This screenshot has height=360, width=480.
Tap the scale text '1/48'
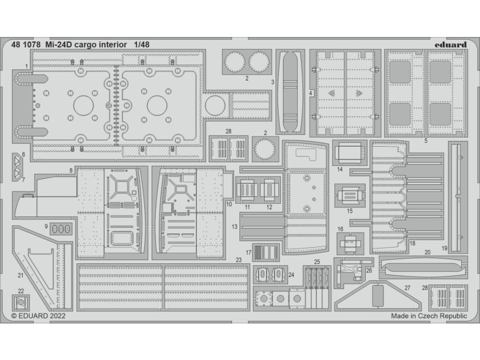click(142, 45)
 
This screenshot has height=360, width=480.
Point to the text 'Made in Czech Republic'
click(429, 316)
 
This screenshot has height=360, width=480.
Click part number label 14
click(340, 169)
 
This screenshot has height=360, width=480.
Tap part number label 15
click(350, 211)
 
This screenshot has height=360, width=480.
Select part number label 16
click(340, 229)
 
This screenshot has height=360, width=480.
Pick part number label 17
click(248, 252)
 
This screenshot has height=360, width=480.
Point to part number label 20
click(427, 252)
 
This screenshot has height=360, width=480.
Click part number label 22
click(21, 291)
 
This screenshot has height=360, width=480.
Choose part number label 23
click(239, 259)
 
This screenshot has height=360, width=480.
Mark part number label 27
click(407, 287)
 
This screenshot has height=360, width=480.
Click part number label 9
click(46, 226)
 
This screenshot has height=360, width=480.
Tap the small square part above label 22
click(21, 303)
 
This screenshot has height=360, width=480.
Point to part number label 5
click(426, 140)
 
